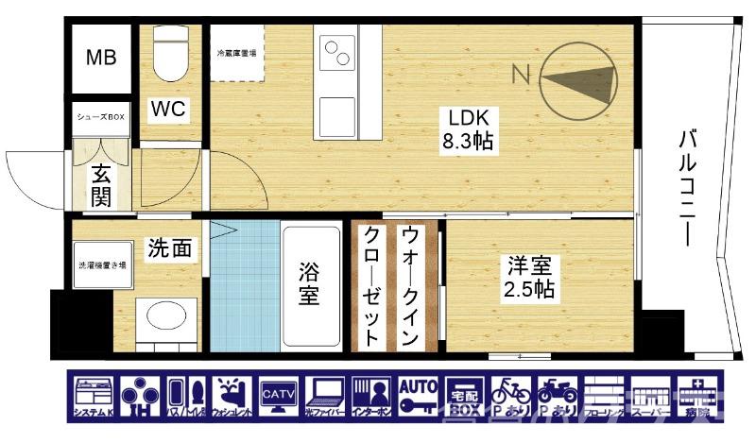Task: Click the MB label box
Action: (x=102, y=59)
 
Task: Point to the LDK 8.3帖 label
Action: (x=467, y=129)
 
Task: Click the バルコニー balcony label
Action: (x=687, y=189)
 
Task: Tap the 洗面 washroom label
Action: (x=170, y=248)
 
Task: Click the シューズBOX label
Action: (x=100, y=117)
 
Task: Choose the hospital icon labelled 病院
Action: (x=695, y=397)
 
